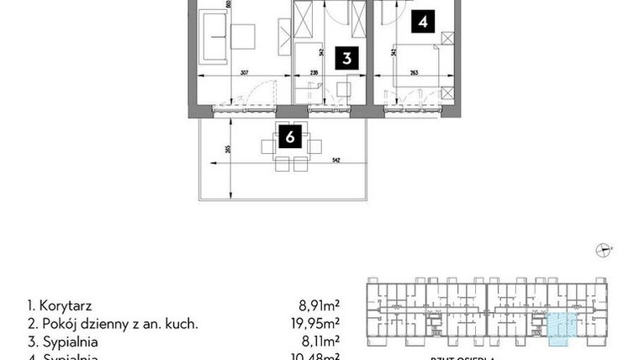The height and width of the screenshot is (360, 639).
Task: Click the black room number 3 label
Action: click(346, 59)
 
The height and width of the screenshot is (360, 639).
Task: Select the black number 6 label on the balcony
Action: click(289, 137)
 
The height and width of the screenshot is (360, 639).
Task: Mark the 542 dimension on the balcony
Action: click(336, 159)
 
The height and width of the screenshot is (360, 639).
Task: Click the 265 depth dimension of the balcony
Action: click(229, 150)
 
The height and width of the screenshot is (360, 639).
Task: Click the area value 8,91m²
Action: click(320, 306)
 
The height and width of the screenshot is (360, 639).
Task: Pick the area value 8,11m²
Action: click(320, 341)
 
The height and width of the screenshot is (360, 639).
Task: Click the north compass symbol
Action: click(603, 248)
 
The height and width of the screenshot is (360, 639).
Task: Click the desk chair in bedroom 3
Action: click(342, 87)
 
